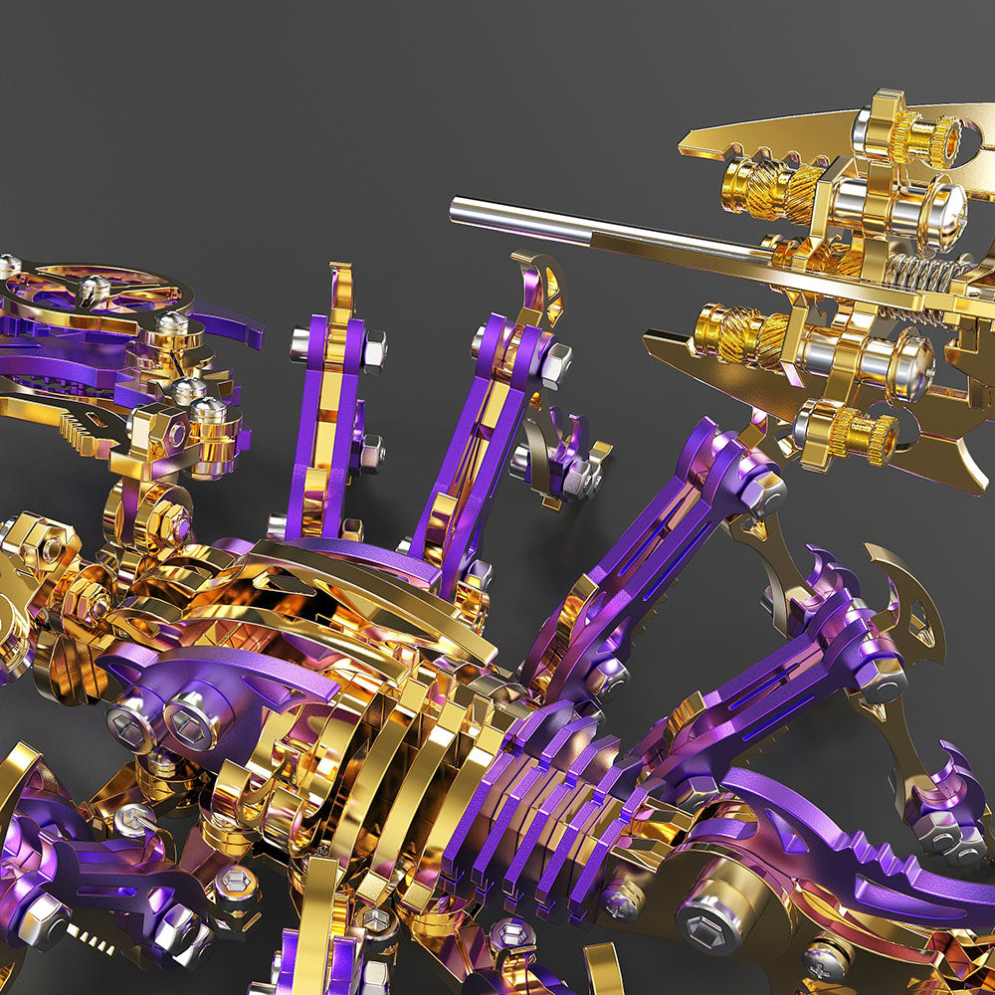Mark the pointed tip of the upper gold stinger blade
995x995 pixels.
pyautogui.click(x=687, y=148)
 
